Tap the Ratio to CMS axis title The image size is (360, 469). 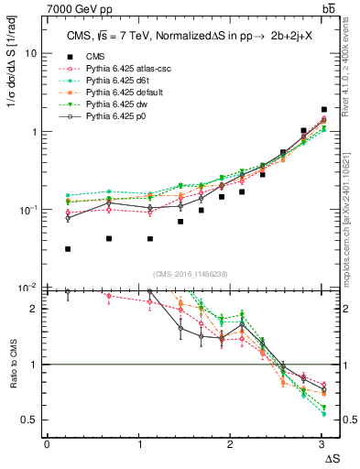point(12,379)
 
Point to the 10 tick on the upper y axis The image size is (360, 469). point(30,53)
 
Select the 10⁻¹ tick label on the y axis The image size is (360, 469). point(27,210)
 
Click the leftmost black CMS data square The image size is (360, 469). point(68,249)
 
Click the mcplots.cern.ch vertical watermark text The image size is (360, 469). point(348,211)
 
